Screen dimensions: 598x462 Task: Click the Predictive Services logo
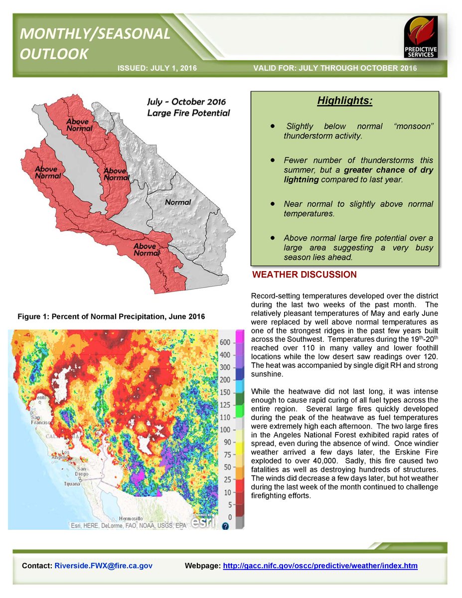421,37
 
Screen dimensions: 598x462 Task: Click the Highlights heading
345,101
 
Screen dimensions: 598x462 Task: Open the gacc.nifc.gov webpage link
320,566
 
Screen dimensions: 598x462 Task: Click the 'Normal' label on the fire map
178,202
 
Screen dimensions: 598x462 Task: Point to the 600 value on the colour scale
225,342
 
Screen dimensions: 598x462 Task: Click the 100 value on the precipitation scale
225,430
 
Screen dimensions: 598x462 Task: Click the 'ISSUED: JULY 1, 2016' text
157,68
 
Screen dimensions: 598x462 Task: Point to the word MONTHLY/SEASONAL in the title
95,34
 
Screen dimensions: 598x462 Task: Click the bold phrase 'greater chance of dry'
393,170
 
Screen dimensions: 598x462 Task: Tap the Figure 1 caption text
111,317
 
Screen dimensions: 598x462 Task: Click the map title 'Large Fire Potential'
188,113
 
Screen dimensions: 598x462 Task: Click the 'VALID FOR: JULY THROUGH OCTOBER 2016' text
335,68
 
